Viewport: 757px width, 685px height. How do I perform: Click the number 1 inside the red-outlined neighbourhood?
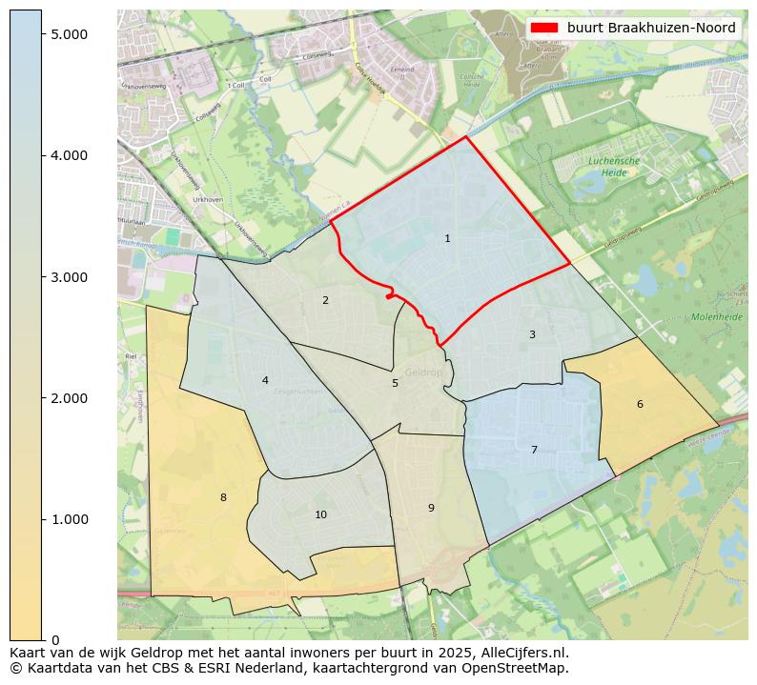pos(447,238)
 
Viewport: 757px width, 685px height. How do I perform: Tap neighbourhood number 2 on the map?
pos(325,300)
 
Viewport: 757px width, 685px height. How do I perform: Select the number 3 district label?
pos(532,334)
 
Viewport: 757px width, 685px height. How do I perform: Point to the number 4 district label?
pos(265,380)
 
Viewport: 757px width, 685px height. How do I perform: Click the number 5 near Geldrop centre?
pos(395,383)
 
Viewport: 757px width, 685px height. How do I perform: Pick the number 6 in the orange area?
pos(640,404)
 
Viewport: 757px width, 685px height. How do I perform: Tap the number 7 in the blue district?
pos(534,450)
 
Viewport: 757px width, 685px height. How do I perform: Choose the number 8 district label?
pos(223,497)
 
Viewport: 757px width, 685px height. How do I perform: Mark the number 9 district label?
pos(431,508)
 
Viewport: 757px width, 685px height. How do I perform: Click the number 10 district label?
pos(320,514)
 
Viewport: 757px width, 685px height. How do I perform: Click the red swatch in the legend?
pos(543,28)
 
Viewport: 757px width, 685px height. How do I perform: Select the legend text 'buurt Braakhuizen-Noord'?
pos(651,28)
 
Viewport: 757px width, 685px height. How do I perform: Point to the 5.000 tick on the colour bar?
pos(69,34)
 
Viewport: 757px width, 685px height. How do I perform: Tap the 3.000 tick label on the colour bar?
pos(69,277)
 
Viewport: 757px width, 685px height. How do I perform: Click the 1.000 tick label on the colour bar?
pos(69,519)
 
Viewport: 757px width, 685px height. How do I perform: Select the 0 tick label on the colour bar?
pos(56,640)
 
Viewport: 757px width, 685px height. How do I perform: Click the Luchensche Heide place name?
pos(614,167)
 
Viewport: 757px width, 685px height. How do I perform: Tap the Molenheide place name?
pos(709,316)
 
